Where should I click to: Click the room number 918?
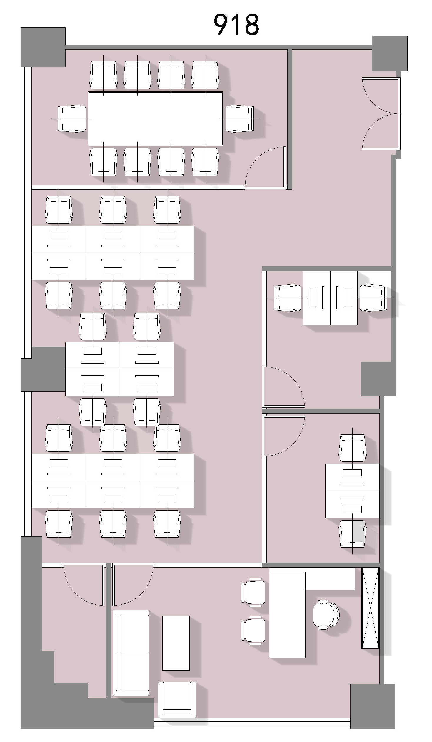pyautogui.click(x=236, y=25)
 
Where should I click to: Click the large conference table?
pyautogui.click(x=156, y=119)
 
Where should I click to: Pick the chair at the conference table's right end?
pyautogui.click(x=240, y=119)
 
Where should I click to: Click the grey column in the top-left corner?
pyautogui.click(x=43, y=47)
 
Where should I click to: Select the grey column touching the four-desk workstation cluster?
pyautogui.click(x=43, y=369)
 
